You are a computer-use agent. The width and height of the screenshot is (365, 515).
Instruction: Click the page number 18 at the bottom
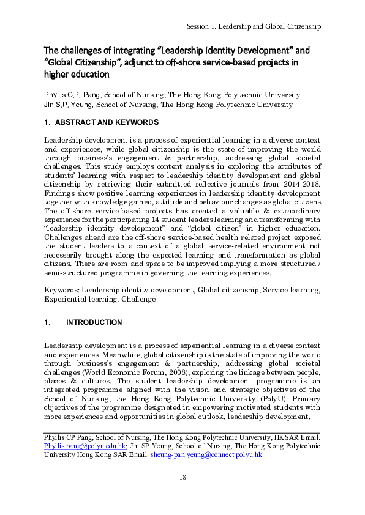[182, 477]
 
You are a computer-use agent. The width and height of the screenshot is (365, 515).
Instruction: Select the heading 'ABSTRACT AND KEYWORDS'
[107, 122]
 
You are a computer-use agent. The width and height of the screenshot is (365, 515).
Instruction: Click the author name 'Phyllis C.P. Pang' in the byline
[72, 95]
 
